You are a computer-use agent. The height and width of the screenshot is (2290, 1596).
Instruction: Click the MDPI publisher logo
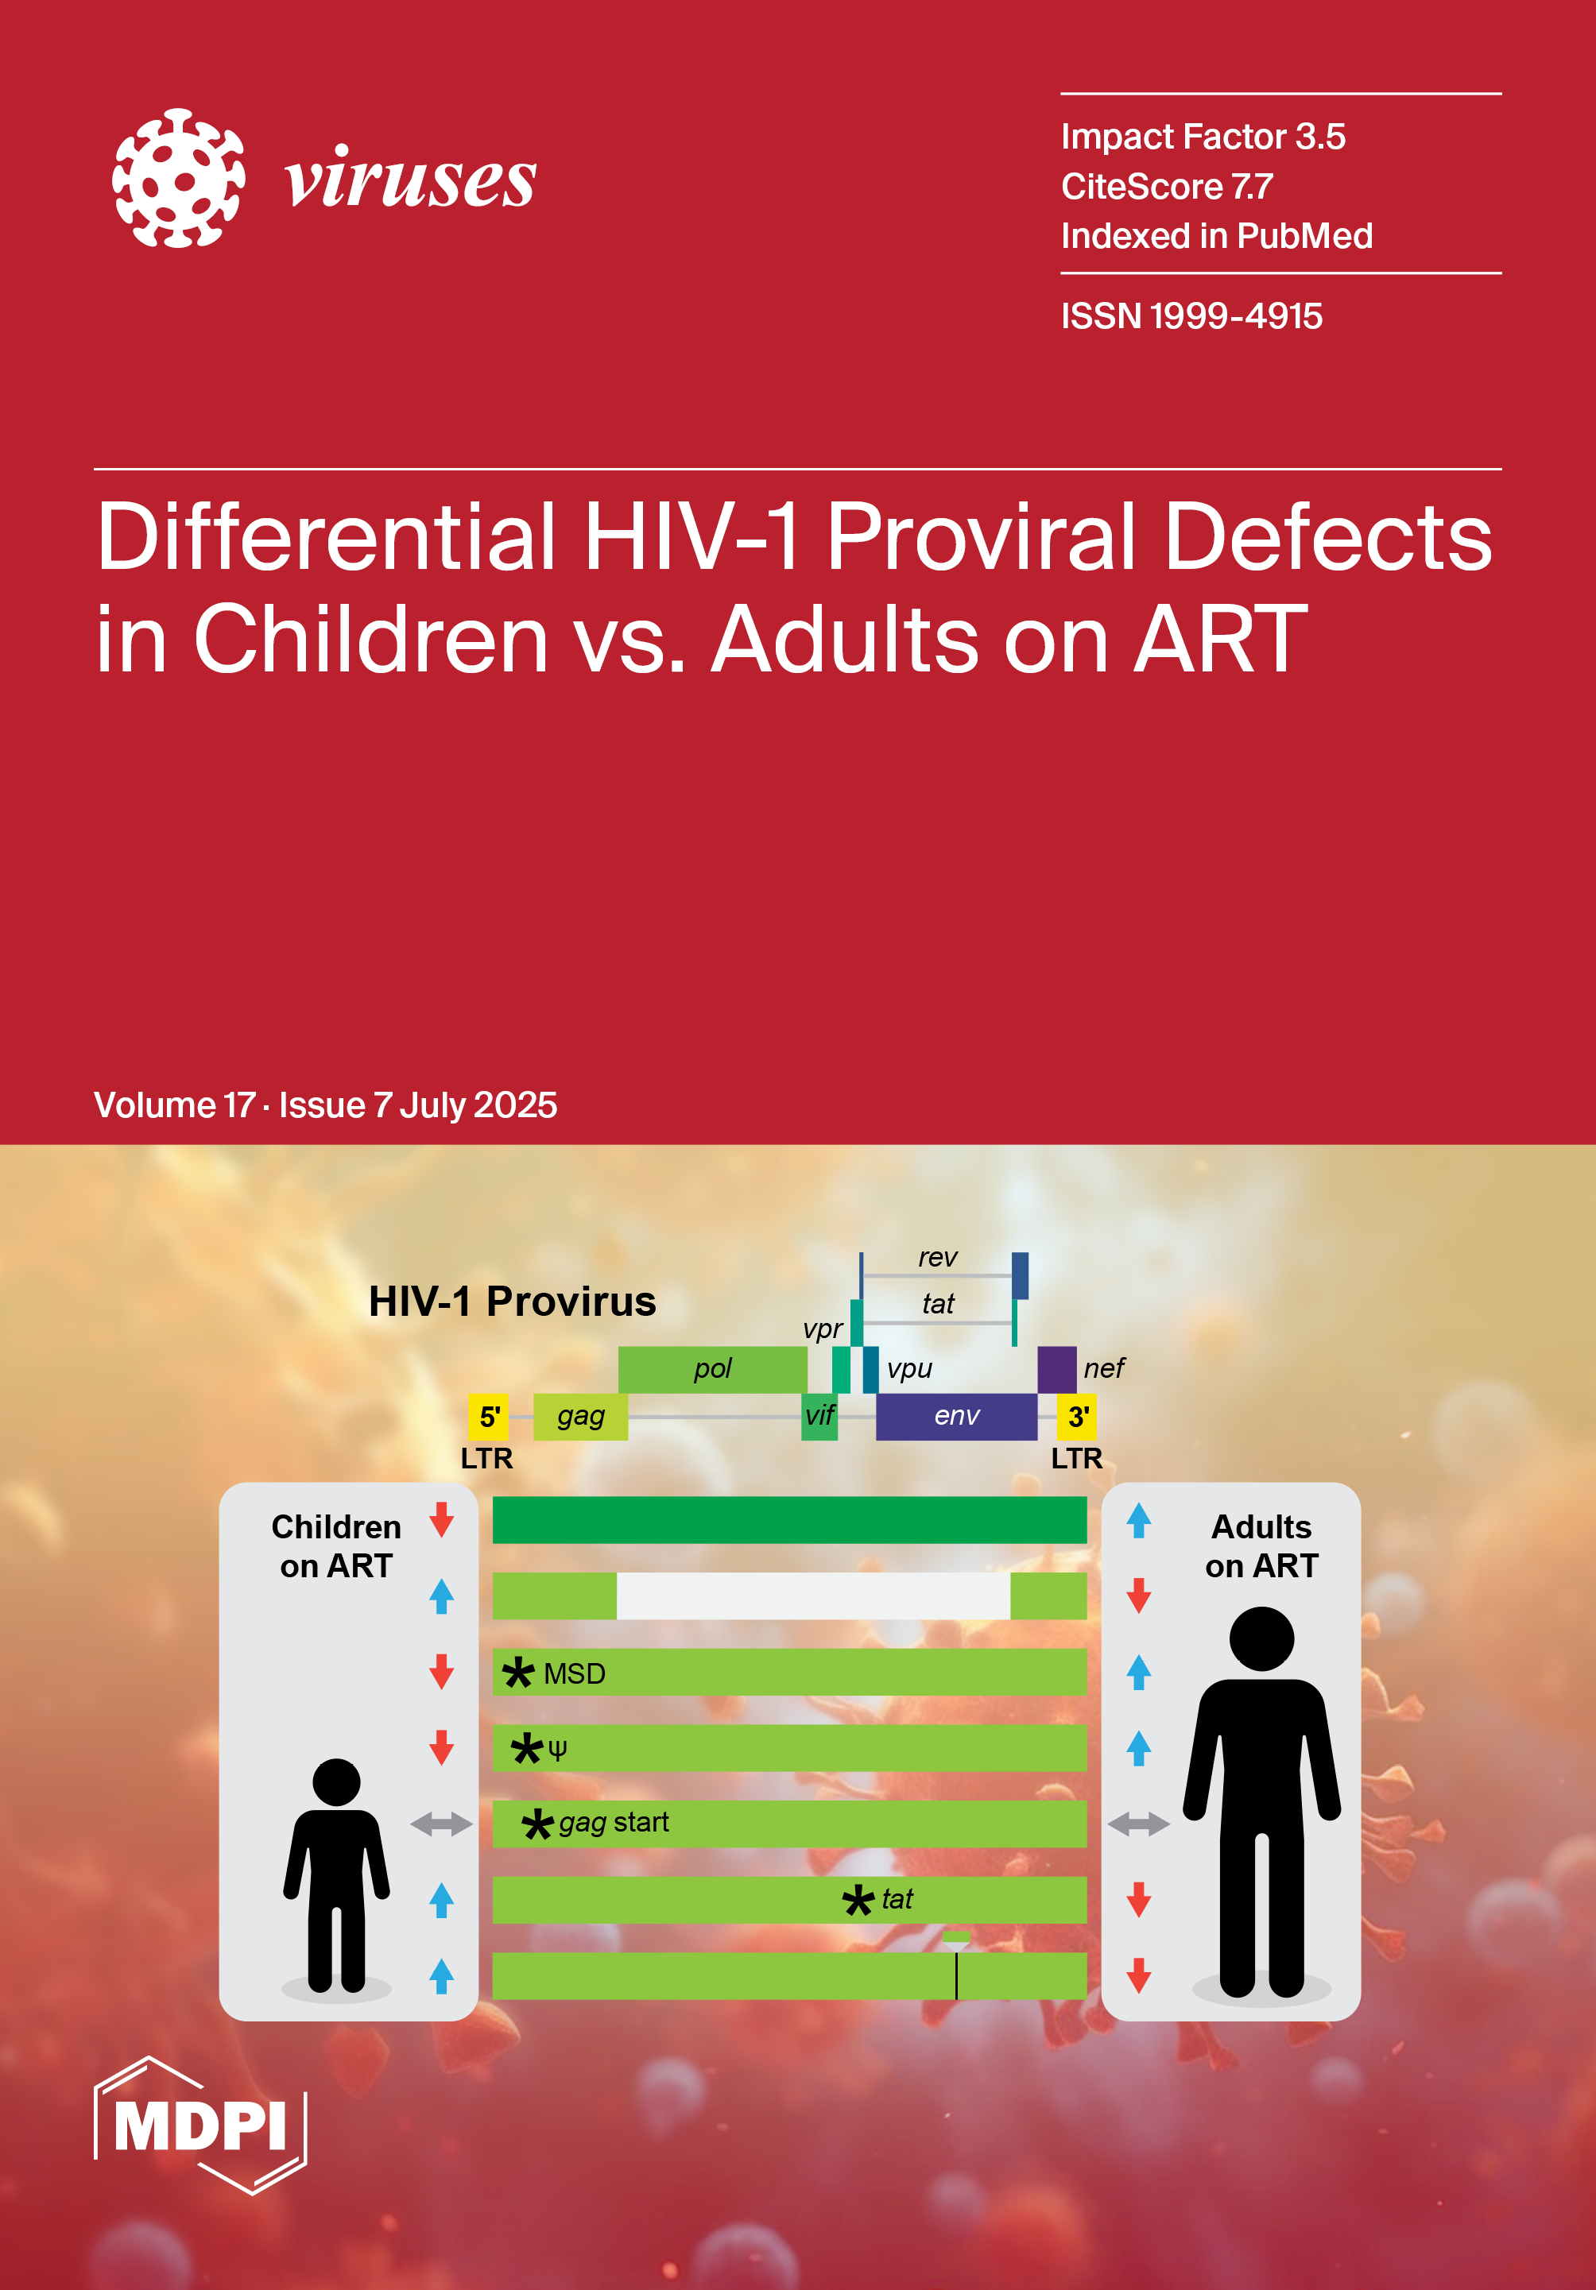[x=200, y=2126]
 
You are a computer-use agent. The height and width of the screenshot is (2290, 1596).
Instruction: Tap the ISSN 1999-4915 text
[x=1191, y=316]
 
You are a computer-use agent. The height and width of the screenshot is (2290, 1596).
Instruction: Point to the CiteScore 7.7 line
[x=1167, y=187]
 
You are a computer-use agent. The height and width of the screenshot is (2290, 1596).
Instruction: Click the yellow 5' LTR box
[x=488, y=1416]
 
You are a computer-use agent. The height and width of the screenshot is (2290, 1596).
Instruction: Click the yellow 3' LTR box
[x=1076, y=1416]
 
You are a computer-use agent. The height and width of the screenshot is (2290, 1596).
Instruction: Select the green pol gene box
[x=712, y=1369]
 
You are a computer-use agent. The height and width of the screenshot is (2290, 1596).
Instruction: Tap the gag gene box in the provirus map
[x=580, y=1416]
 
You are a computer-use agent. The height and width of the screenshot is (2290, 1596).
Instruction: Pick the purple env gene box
[x=957, y=1416]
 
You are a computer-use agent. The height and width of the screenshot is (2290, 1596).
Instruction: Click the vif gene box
[x=819, y=1416]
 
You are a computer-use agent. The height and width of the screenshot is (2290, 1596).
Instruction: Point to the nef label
[x=1104, y=1368]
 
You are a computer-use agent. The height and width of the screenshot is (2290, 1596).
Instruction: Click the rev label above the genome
[x=938, y=1258]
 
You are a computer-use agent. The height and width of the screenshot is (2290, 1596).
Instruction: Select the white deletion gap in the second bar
[x=813, y=1596]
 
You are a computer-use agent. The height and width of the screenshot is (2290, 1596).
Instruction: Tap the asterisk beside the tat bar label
[x=858, y=1900]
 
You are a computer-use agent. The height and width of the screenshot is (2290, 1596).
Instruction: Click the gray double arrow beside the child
[x=441, y=1824]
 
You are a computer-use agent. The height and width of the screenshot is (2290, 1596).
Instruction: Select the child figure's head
[x=336, y=1782]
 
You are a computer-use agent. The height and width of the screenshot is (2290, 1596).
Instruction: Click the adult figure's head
[x=1262, y=1638]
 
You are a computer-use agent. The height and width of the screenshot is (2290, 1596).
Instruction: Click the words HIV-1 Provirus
[x=513, y=1302]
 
